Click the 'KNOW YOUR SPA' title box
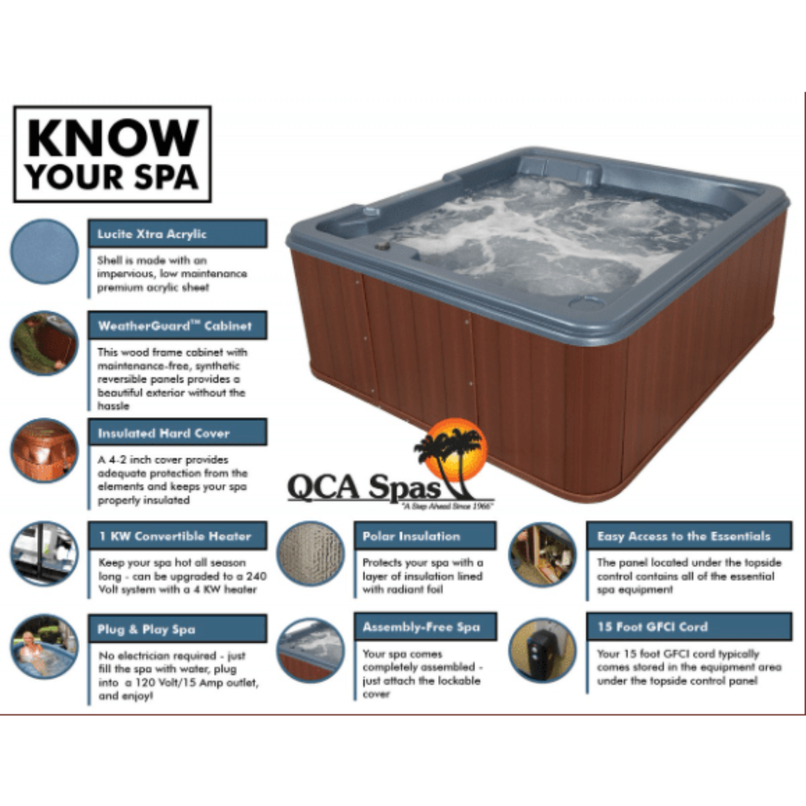coord(112,154)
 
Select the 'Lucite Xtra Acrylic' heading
coord(177,234)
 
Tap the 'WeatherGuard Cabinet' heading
coord(177,326)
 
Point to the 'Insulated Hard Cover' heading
coord(177,433)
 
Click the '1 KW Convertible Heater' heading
coord(177,536)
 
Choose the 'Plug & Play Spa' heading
coord(177,629)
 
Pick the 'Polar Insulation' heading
coord(424,536)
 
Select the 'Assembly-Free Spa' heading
coord(424,627)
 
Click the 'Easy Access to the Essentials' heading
coord(689,536)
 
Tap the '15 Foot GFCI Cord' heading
coord(689,627)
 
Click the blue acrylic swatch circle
coord(44,251)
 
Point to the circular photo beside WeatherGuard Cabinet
coord(44,343)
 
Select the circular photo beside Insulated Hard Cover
coord(44,450)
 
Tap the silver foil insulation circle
coord(310,553)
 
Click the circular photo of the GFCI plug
coord(542,650)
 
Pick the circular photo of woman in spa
coord(44,646)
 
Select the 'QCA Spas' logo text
coord(363,487)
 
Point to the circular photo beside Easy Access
coord(542,554)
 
